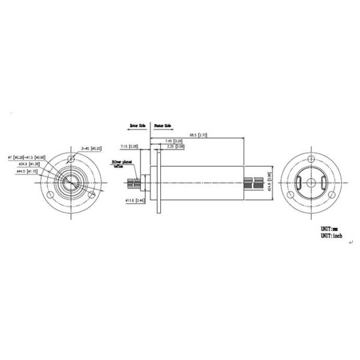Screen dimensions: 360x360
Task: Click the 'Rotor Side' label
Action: pos(138,125)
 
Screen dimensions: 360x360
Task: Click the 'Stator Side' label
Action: pos(163,125)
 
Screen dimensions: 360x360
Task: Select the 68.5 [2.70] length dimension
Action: pos(198,135)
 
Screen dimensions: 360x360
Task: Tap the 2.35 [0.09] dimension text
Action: pos(167,146)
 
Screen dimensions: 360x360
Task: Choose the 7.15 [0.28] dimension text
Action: pos(129,146)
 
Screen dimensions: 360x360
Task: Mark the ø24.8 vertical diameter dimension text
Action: pos(269,178)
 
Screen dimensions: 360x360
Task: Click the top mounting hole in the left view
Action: pos(72,159)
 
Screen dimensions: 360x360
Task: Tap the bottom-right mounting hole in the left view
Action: pos(91,194)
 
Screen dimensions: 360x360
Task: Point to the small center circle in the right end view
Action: pos(312,182)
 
